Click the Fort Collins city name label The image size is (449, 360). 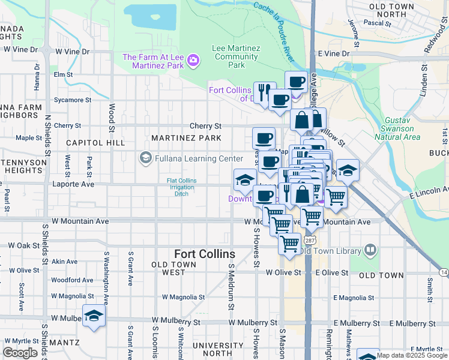205,254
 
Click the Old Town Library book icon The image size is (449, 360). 370,250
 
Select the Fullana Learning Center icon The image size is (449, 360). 145,158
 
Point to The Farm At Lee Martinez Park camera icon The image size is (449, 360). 193,60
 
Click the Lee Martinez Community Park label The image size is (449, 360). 237,56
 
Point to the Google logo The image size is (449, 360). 20,353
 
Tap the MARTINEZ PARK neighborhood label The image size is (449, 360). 186,138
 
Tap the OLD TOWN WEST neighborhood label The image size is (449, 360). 177,268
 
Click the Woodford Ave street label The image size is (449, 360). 72,280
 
